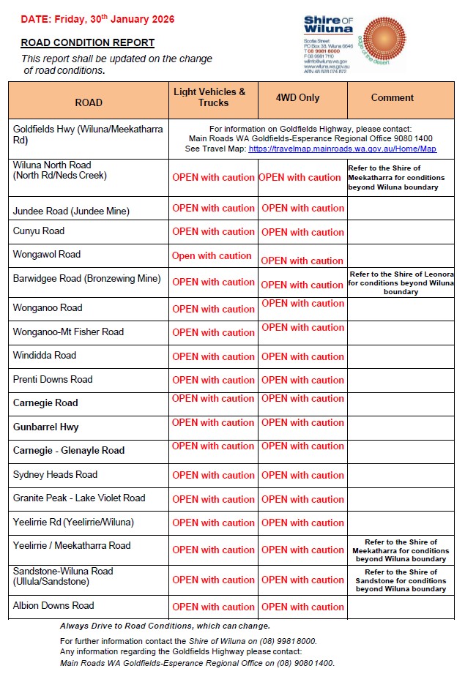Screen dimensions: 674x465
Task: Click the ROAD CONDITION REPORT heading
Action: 87,43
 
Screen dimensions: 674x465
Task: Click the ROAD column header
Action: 89,102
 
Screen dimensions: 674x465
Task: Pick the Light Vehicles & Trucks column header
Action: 213,97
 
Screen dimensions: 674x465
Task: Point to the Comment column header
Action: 392,97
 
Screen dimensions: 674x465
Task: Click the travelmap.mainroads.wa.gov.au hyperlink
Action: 342,149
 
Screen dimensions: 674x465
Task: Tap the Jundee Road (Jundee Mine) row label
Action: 71,211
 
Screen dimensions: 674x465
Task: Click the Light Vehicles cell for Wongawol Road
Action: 212,256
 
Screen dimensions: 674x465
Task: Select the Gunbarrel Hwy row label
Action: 45,427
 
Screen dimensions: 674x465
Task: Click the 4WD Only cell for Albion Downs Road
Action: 302,607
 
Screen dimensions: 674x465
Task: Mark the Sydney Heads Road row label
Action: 55,474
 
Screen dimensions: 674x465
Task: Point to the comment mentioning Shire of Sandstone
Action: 401,580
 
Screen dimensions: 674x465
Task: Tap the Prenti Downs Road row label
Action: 53,379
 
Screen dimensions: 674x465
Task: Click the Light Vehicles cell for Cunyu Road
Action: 213,231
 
